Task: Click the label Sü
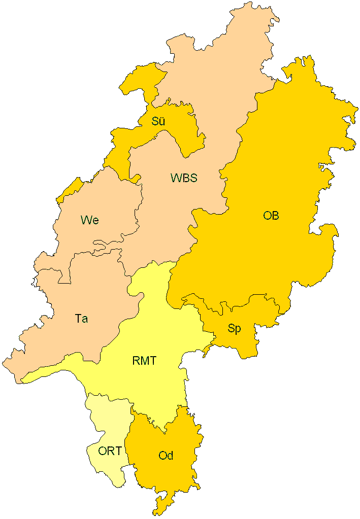pos(158,121)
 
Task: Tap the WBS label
pos(183,178)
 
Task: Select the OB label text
pos(271,216)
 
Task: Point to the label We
pos(89,220)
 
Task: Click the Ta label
pos(81,319)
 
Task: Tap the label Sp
pos(234,328)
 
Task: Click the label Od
pos(166,456)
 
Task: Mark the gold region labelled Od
pos(168,477)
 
